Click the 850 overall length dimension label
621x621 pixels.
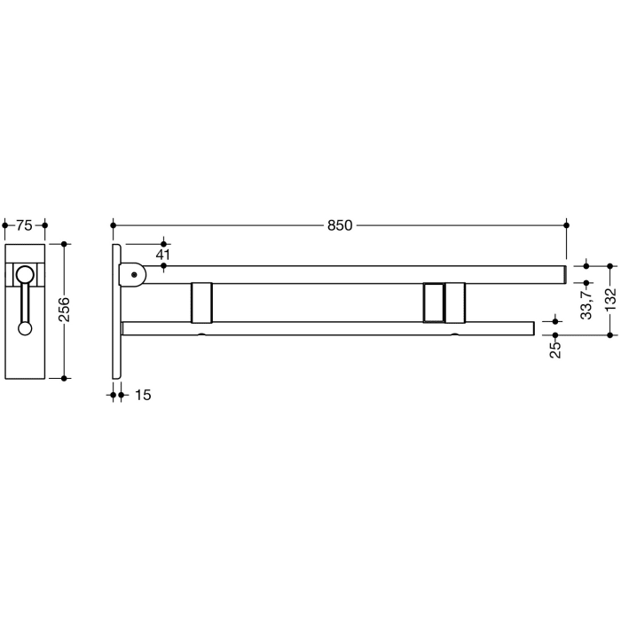341,225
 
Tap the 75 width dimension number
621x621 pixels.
25,225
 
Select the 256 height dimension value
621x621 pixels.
65,310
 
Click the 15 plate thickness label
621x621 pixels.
142,395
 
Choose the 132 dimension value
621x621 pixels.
610,300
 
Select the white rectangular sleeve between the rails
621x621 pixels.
433,303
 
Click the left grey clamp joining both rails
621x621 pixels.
201,302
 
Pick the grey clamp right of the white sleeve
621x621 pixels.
455,303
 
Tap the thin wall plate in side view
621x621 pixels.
116,310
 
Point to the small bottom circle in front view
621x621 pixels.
25,328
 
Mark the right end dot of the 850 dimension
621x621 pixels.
567,225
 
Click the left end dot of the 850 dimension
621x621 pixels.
114,225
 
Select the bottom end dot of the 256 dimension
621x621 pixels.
65,378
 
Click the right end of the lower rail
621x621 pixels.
531,328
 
